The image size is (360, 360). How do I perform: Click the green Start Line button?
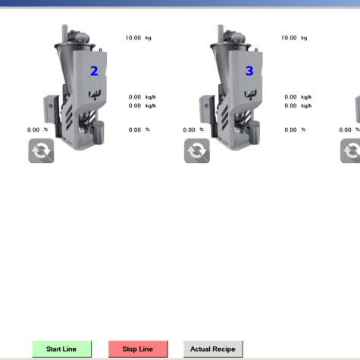[62, 349]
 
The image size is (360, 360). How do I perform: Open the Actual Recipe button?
[213, 349]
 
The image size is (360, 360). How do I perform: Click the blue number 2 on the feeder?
[94, 71]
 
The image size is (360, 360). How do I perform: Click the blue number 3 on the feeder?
[249, 70]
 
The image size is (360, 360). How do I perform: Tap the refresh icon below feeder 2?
[41, 151]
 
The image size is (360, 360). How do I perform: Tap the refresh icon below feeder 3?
[197, 151]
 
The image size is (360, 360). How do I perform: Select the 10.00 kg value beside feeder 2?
[139, 38]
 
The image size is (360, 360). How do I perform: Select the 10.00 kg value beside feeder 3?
[294, 38]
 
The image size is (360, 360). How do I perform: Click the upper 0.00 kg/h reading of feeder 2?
[142, 97]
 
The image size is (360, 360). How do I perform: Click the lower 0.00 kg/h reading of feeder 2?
[142, 105]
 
